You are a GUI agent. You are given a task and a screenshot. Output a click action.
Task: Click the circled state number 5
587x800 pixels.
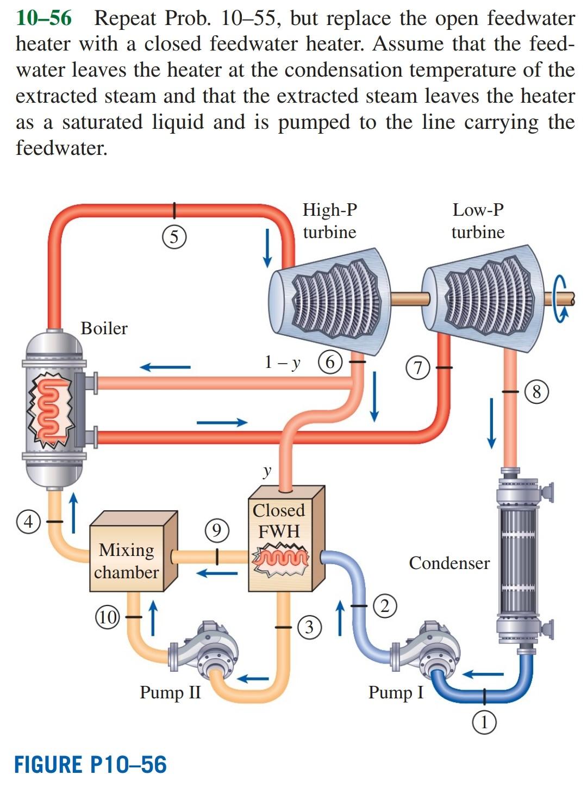[x=174, y=237]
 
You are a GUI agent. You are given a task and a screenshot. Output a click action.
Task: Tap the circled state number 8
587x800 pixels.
[x=536, y=391]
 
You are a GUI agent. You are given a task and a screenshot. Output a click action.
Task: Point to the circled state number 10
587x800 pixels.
[x=108, y=617]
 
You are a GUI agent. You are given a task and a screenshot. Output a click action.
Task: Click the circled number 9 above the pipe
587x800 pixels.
[x=216, y=530]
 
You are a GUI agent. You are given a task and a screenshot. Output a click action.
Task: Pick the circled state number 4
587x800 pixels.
[x=28, y=521]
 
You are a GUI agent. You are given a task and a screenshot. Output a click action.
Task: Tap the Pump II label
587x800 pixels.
[x=170, y=692]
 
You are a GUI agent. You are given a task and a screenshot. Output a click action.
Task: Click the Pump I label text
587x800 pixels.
[x=396, y=692]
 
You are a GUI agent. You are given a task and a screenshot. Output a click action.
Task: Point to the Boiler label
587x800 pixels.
[x=104, y=328]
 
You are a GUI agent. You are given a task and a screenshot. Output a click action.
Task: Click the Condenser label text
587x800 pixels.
[x=449, y=563]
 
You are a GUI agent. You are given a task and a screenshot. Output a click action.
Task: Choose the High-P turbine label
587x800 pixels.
[x=329, y=221]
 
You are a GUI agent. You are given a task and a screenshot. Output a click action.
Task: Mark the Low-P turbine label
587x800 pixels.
[x=478, y=221]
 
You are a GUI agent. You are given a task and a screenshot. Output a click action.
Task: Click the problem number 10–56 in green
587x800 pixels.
[x=43, y=18]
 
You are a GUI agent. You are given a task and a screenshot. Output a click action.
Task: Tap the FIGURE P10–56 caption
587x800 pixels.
[x=90, y=765]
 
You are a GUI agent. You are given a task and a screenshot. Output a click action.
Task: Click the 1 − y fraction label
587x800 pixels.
[x=282, y=362]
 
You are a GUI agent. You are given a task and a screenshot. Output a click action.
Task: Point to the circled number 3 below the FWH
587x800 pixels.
[x=309, y=627]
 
